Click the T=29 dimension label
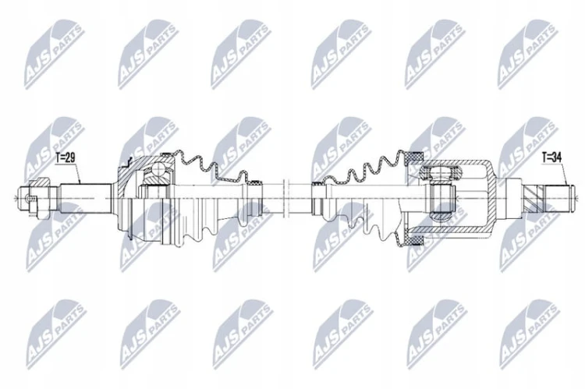66,157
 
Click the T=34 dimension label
551,157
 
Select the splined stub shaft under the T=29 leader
86,198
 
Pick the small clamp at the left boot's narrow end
257,182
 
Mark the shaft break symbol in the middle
286,198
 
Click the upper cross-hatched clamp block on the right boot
414,156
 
